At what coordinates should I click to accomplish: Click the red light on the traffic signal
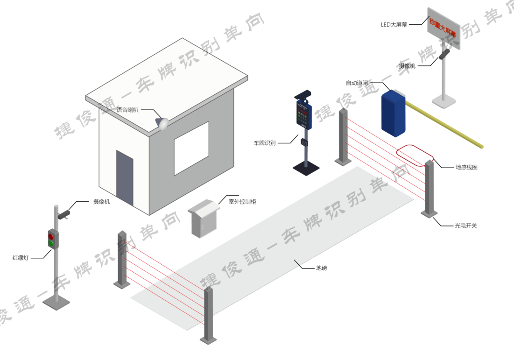click(x=51, y=236)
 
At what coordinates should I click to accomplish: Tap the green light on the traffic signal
click(x=51, y=244)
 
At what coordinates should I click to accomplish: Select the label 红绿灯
click(x=21, y=258)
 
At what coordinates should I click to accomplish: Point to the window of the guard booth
click(x=191, y=148)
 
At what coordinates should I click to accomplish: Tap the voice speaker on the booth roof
click(x=162, y=123)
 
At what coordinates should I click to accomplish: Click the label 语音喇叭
click(x=127, y=110)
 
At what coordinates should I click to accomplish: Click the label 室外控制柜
click(x=242, y=202)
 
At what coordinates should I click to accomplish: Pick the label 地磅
click(x=321, y=268)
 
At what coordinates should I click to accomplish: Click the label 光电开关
click(x=465, y=226)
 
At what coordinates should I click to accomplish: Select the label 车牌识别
click(x=265, y=143)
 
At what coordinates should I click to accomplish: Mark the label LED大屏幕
click(x=394, y=24)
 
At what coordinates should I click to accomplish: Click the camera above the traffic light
click(x=63, y=214)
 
